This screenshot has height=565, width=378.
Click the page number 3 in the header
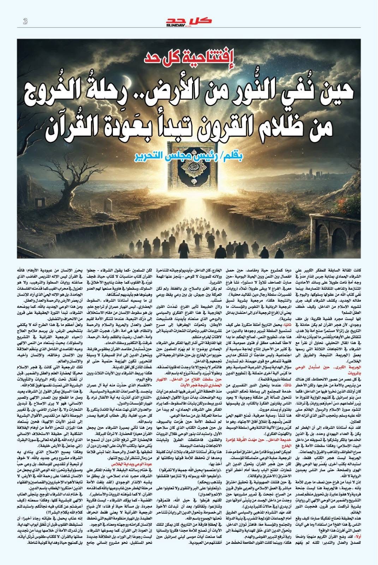pos(25,22)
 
